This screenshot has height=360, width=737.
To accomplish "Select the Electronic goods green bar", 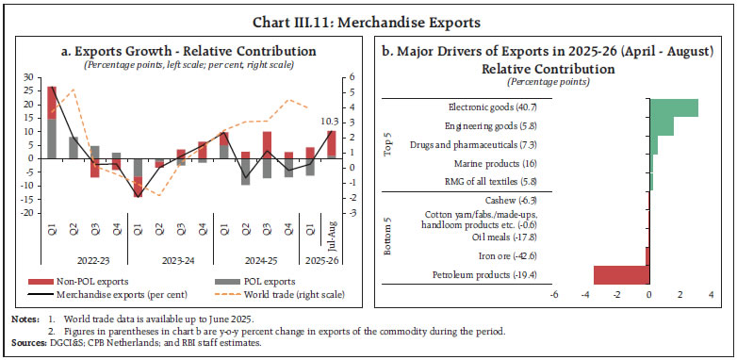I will [673, 107].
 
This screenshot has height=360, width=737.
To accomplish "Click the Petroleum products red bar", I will [621, 274].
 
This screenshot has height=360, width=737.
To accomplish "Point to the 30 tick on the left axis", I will [27, 77].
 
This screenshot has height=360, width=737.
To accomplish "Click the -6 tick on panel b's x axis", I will [553, 295].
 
